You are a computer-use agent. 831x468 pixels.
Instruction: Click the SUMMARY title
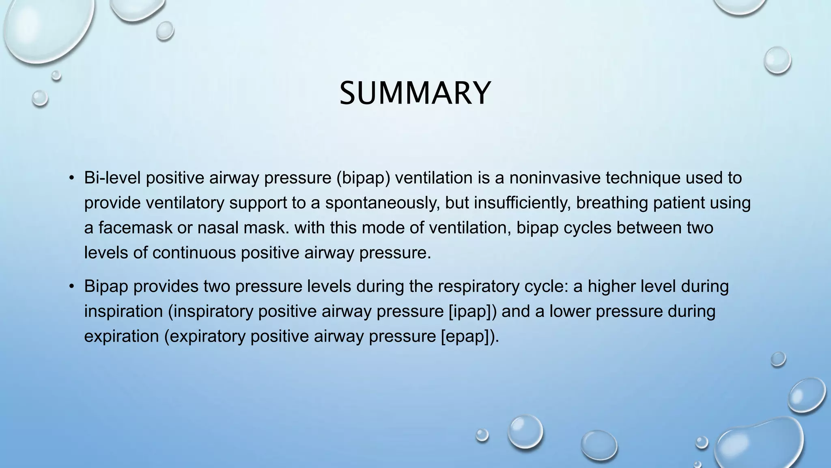coord(415,93)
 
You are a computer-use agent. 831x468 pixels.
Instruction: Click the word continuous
coord(194,253)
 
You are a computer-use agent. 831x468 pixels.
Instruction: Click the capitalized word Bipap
coord(106,286)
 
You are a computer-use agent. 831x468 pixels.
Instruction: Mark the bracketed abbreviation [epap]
coord(466,336)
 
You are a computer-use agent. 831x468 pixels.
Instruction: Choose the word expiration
coord(121,336)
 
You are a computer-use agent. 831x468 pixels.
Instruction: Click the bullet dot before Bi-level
coord(72,178)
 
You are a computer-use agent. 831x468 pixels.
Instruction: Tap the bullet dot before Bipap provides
coord(72,286)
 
